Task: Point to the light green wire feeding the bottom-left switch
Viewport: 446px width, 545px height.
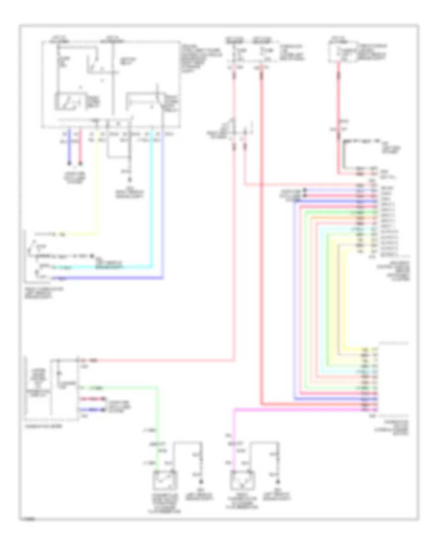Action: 157,416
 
